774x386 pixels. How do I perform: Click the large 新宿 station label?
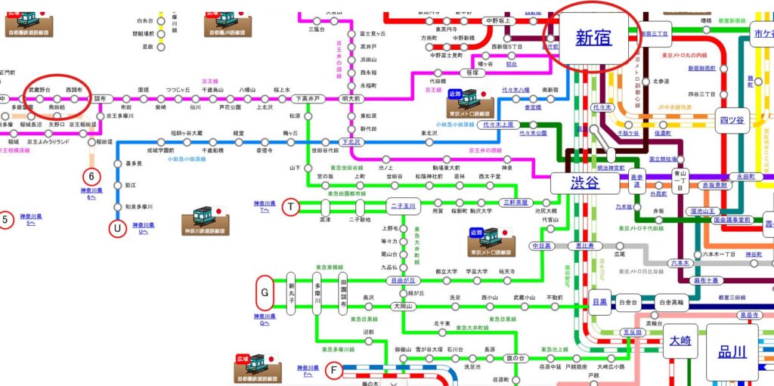(x=593, y=38)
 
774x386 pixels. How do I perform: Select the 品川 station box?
(x=732, y=350)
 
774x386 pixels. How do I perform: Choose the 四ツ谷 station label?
(x=731, y=119)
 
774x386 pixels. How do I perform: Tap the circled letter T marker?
(x=290, y=205)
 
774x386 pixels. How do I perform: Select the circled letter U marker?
(x=116, y=225)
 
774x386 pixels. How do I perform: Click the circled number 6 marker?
(x=91, y=176)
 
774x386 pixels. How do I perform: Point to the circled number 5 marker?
(x=5, y=221)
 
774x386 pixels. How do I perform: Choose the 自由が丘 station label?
(x=403, y=280)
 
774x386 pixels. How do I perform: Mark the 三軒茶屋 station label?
(x=519, y=202)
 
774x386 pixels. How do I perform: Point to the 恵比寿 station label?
(x=586, y=246)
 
